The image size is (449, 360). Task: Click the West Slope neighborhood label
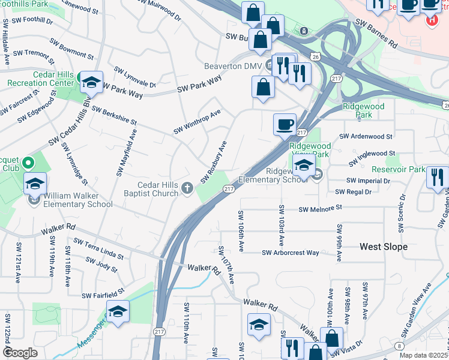pos(383,247)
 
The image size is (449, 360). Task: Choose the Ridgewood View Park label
pos(310,150)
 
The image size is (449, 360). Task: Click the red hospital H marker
pos(431,20)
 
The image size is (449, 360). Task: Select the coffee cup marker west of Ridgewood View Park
pos(285,125)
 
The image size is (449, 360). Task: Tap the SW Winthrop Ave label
pos(197,122)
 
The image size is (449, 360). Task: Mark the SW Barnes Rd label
pos(376,34)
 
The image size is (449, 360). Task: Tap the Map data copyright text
pos(423,356)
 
